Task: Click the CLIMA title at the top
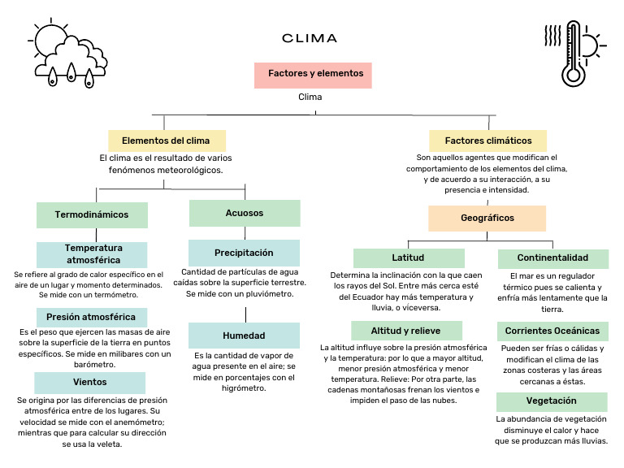click(x=310, y=38)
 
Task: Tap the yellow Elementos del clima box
click(x=167, y=140)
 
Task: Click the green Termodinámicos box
click(x=92, y=214)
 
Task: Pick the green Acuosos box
click(x=245, y=213)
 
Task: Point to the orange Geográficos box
click(x=487, y=218)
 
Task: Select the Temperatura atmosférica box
click(x=92, y=253)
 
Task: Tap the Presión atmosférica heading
click(x=91, y=316)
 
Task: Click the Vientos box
click(x=89, y=382)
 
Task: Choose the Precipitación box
click(x=245, y=253)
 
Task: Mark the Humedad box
click(x=245, y=336)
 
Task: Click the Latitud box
click(x=408, y=258)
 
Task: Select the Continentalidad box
click(x=552, y=258)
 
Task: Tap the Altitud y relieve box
click(x=406, y=331)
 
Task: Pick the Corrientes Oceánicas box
click(x=552, y=331)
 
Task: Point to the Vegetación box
click(x=552, y=401)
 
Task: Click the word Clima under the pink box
click(x=310, y=97)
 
